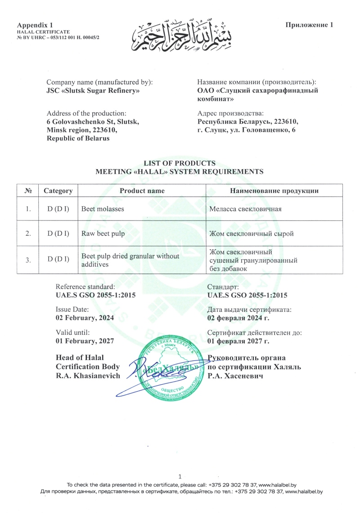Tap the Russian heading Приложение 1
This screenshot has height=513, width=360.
[x=309, y=25]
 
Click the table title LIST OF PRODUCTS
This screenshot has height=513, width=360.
[x=180, y=163]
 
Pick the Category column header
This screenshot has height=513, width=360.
[x=58, y=191]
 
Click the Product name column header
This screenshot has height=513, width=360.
[x=142, y=191]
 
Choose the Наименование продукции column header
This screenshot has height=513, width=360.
[x=274, y=191]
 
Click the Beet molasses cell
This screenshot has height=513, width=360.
[x=103, y=209]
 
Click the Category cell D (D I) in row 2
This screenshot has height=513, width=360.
[x=58, y=233]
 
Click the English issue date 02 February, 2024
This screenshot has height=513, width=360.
[x=85, y=318]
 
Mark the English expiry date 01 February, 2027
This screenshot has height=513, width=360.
[x=85, y=341]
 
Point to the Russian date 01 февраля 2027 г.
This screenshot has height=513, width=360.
[x=238, y=341]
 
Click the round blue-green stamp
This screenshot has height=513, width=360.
[x=171, y=369]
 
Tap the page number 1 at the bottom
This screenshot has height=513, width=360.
[x=180, y=477]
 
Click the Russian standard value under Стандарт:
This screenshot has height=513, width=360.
[x=247, y=295]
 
